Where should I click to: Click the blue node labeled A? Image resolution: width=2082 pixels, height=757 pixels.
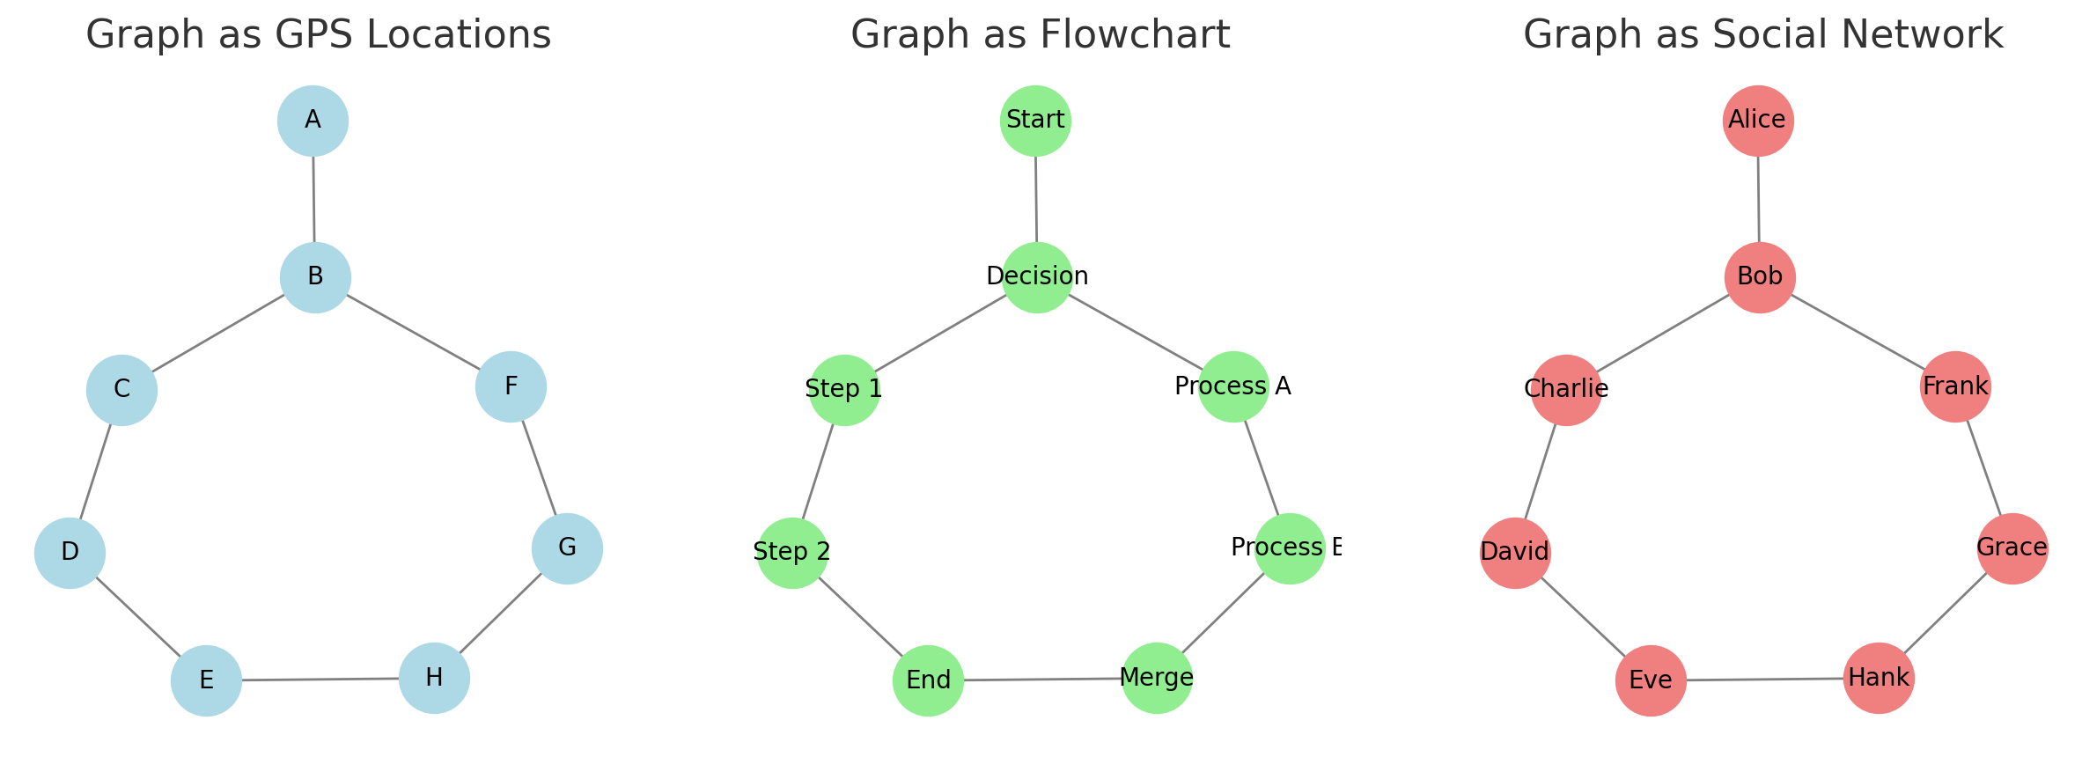[x=313, y=121]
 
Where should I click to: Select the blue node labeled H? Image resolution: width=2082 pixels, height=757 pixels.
[x=434, y=678]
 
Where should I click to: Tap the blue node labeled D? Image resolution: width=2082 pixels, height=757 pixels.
[x=70, y=553]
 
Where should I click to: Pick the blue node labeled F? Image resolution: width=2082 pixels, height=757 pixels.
[x=511, y=386]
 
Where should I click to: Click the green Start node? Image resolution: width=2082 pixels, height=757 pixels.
[x=1035, y=121]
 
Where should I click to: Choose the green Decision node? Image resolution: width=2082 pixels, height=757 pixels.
[x=1037, y=277]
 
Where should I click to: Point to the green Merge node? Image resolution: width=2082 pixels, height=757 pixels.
[x=1157, y=678]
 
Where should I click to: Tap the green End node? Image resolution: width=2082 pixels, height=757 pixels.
[x=928, y=680]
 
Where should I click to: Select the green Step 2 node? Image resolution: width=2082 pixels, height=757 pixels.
[x=792, y=553]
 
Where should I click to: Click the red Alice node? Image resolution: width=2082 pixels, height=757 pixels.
[x=1758, y=121]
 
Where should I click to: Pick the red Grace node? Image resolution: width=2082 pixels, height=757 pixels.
[x=2012, y=548]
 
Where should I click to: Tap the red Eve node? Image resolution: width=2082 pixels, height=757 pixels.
[x=1651, y=680]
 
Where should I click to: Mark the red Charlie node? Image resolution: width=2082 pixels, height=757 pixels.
[x=1566, y=390]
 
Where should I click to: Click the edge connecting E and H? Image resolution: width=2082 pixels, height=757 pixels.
[x=320, y=680]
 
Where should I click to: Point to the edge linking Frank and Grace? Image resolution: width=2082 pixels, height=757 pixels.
[x=1984, y=467]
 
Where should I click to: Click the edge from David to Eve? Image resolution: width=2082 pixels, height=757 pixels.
[x=1583, y=616]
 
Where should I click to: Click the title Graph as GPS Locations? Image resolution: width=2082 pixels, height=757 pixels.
[x=318, y=35]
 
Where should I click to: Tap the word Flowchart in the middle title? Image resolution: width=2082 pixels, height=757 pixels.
[x=1135, y=35]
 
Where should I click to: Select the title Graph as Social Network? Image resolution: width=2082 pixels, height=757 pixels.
[x=1762, y=35]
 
